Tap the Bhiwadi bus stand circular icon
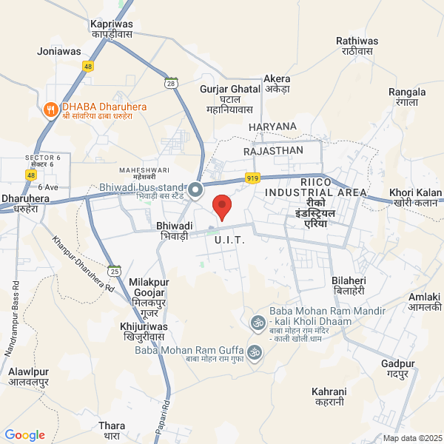[196, 191]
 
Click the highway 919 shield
[253, 178]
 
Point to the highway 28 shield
[172, 84]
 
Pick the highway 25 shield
[113, 271]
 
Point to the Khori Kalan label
[417, 197]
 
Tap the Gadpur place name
[398, 369]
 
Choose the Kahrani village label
[329, 396]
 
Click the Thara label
[112, 431]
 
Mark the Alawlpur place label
[28, 377]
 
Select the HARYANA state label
[272, 127]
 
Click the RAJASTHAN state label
[273, 150]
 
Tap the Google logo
[24, 435]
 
